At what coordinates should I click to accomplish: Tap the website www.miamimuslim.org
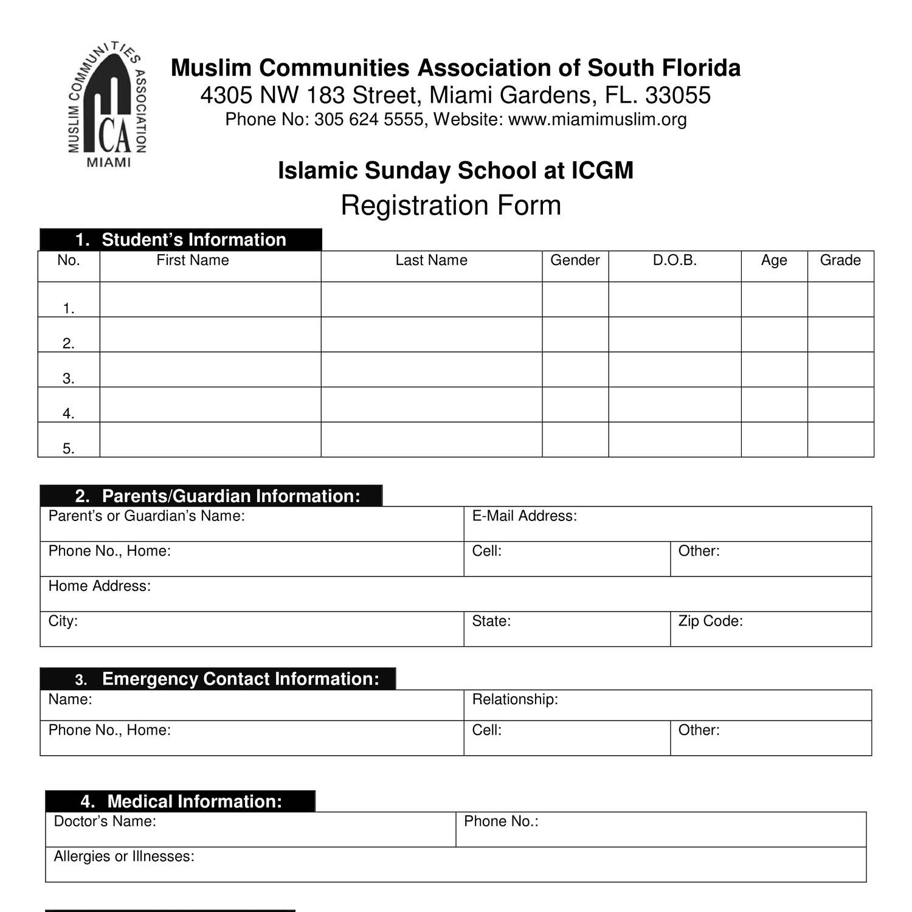(x=597, y=119)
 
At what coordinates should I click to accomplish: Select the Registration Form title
(x=451, y=206)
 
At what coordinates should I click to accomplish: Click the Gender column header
(x=575, y=260)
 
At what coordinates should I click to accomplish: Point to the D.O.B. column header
(x=674, y=260)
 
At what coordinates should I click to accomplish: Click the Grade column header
(x=840, y=260)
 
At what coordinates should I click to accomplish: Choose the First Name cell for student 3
(x=210, y=369)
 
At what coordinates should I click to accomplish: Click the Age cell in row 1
(x=774, y=299)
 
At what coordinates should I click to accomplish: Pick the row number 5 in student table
(x=68, y=449)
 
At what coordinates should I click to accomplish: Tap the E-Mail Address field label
(x=524, y=516)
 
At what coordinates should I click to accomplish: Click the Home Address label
(x=99, y=586)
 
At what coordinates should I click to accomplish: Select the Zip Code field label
(x=710, y=621)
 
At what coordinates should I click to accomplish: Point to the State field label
(x=491, y=621)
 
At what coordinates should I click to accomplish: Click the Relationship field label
(x=515, y=699)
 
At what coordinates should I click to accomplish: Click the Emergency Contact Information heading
(x=240, y=679)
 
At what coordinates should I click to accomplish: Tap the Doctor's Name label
(x=105, y=821)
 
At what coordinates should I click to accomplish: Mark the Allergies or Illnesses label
(x=124, y=857)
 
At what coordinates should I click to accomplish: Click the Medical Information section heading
(x=195, y=801)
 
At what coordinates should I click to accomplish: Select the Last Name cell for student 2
(x=431, y=334)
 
